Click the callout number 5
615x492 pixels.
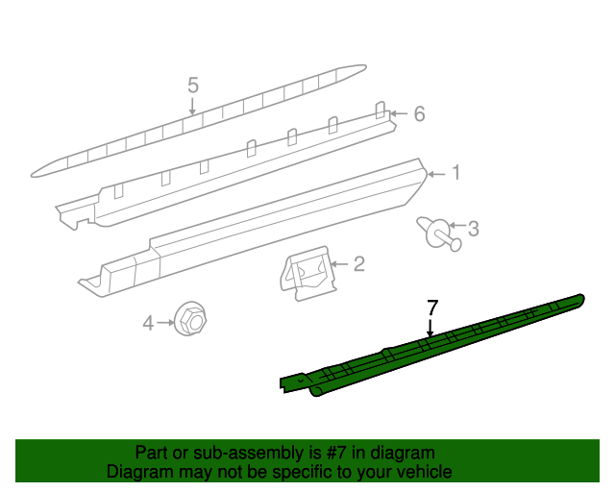192,86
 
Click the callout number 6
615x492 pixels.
418,114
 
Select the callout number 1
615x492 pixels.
455,173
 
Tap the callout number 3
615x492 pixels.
473,229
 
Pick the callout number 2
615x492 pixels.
358,263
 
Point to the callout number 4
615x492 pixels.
148,324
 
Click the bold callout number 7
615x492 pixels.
432,307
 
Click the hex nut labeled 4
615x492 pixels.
189,319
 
